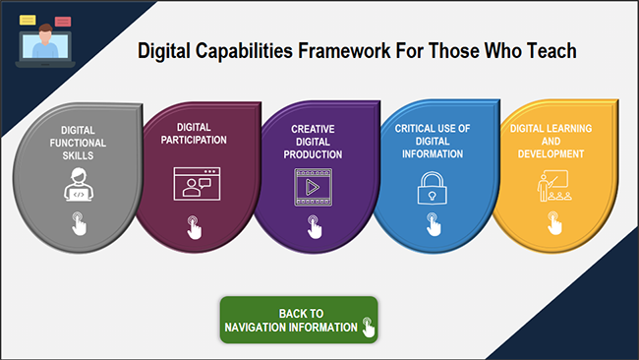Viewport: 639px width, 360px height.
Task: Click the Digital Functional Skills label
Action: [78, 144]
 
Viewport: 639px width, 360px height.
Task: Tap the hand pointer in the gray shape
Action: [79, 224]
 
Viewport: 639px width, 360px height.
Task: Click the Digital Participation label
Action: [202, 134]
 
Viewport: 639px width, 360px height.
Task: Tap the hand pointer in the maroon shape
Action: [194, 229]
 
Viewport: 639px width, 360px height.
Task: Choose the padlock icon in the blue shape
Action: [433, 188]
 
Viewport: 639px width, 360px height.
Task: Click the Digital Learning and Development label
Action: [548, 141]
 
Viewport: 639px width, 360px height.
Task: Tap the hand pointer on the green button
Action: [369, 326]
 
